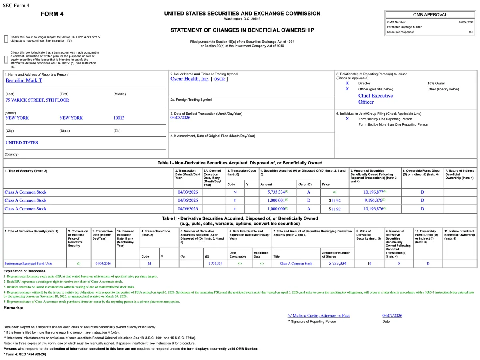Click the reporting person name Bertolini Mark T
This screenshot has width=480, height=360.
coord(24,80)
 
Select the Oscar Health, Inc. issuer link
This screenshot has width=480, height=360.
coord(190,79)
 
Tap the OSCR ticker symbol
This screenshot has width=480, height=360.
coord(219,79)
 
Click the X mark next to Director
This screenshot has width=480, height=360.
coord(347,83)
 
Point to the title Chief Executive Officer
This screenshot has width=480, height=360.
coord(375,99)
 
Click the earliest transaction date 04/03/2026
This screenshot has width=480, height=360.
coord(180,118)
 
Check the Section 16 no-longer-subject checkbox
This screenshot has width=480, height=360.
coord(6,39)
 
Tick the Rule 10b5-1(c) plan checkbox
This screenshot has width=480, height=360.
coord(6,59)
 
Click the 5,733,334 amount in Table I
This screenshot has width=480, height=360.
coord(276,192)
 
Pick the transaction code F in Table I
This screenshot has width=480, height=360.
coord(235,200)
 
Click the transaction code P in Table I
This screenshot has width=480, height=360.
coord(235,209)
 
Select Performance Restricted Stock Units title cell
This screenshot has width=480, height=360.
coord(28,264)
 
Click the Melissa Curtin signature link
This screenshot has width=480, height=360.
coord(318,316)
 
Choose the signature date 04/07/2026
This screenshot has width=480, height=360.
coord(392,316)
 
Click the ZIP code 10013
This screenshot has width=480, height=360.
coord(119,118)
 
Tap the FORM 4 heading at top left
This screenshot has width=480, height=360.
coord(52,14)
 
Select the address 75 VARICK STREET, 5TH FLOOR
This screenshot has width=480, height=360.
coord(37,100)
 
